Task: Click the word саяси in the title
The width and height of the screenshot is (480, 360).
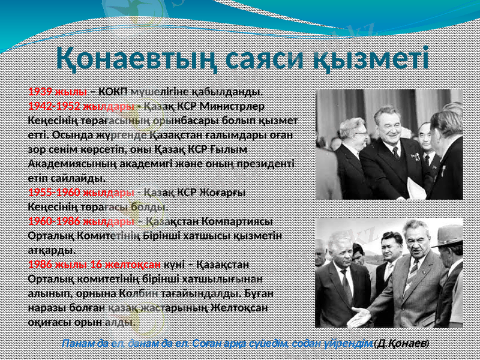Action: (267, 59)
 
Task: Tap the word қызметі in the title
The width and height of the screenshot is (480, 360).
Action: (374, 59)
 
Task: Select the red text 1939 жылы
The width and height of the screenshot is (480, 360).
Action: (57, 92)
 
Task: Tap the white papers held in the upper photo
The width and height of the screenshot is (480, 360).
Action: (416, 188)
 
